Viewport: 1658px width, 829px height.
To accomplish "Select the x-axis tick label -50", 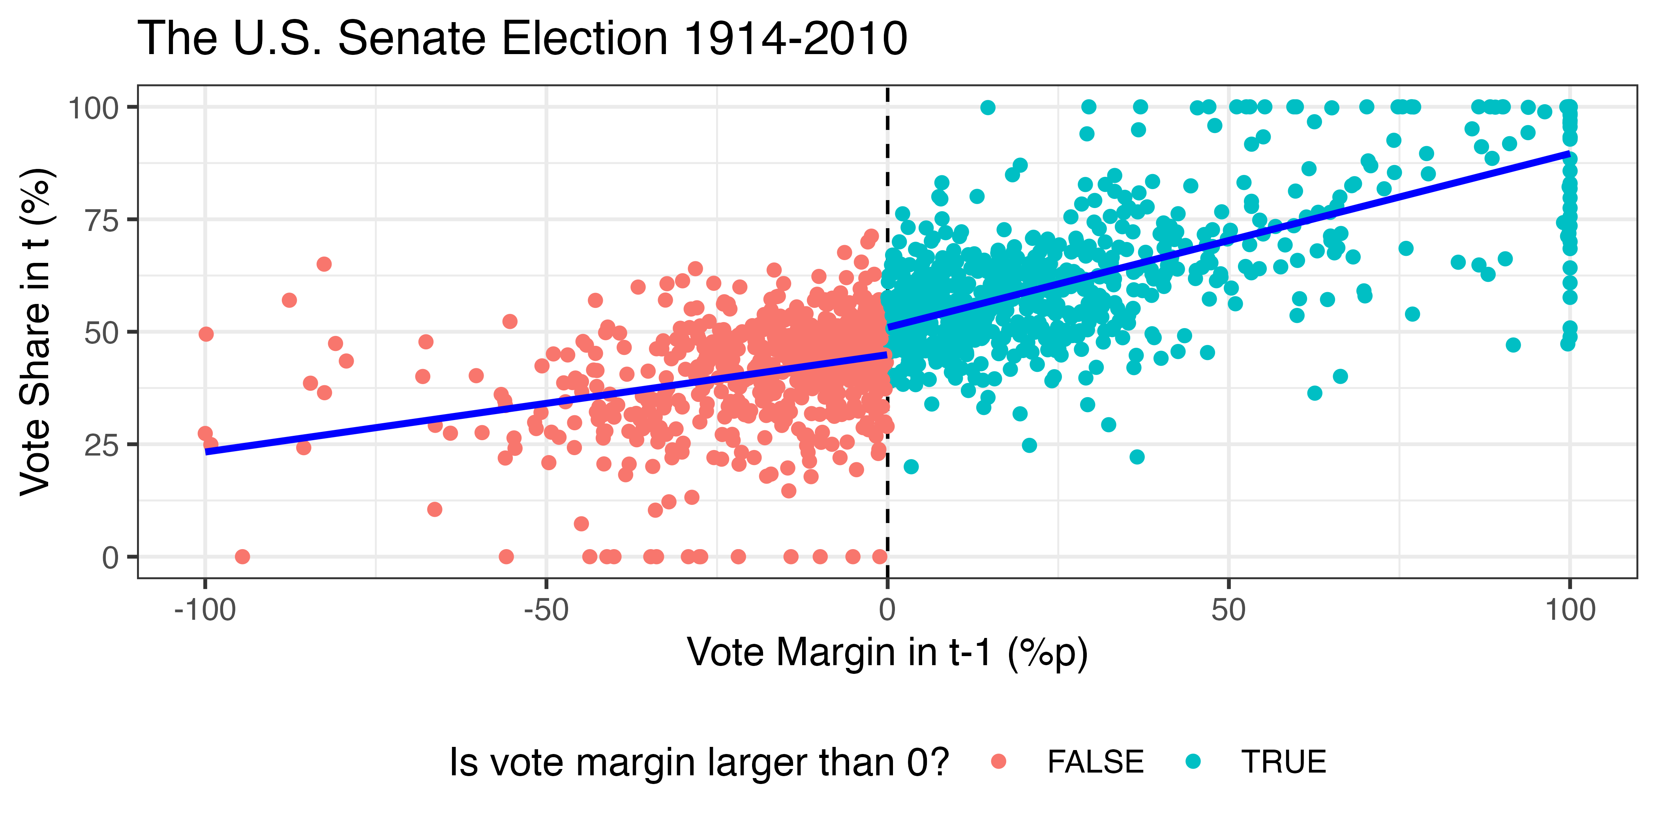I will tap(546, 610).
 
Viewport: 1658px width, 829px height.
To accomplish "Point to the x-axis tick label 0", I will tap(887, 610).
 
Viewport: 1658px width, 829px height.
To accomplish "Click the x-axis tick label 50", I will tap(1228, 610).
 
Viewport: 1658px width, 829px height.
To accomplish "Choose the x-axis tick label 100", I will tap(1570, 610).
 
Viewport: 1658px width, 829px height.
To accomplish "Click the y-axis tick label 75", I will tap(102, 221).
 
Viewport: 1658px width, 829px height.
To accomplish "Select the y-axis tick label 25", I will tap(102, 445).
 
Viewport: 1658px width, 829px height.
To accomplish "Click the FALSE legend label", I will tap(1095, 762).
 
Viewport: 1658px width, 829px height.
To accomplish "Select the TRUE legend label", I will tap(1283, 762).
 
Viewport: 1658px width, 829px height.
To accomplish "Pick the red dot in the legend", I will tap(998, 761).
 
